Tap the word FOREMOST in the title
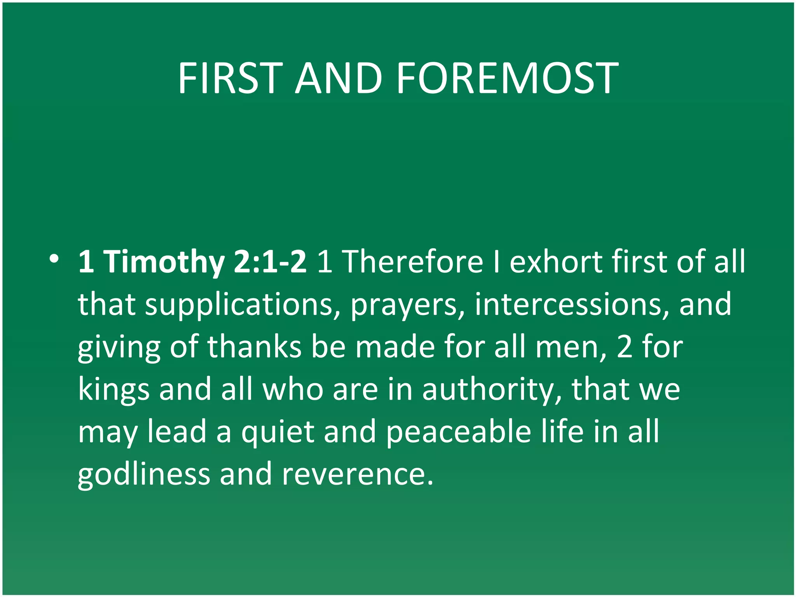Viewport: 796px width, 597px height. (507, 79)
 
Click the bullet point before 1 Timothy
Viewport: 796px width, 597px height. (54, 258)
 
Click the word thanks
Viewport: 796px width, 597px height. (254, 347)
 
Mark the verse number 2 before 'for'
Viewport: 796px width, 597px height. (625, 347)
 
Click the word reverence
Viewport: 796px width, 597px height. (357, 475)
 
